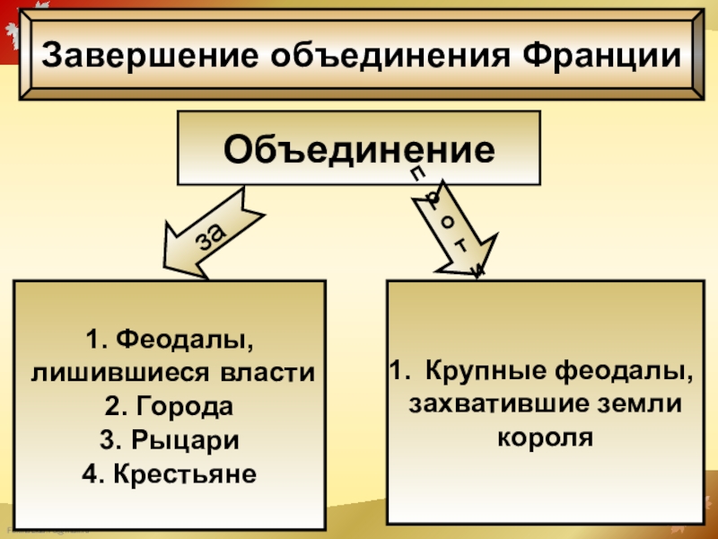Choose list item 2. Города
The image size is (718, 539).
(x=169, y=407)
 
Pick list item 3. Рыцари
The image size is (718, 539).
(x=169, y=440)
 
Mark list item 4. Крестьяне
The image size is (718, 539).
(x=169, y=473)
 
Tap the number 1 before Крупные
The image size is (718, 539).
(x=396, y=369)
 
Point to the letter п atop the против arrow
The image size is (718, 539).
(x=416, y=172)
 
